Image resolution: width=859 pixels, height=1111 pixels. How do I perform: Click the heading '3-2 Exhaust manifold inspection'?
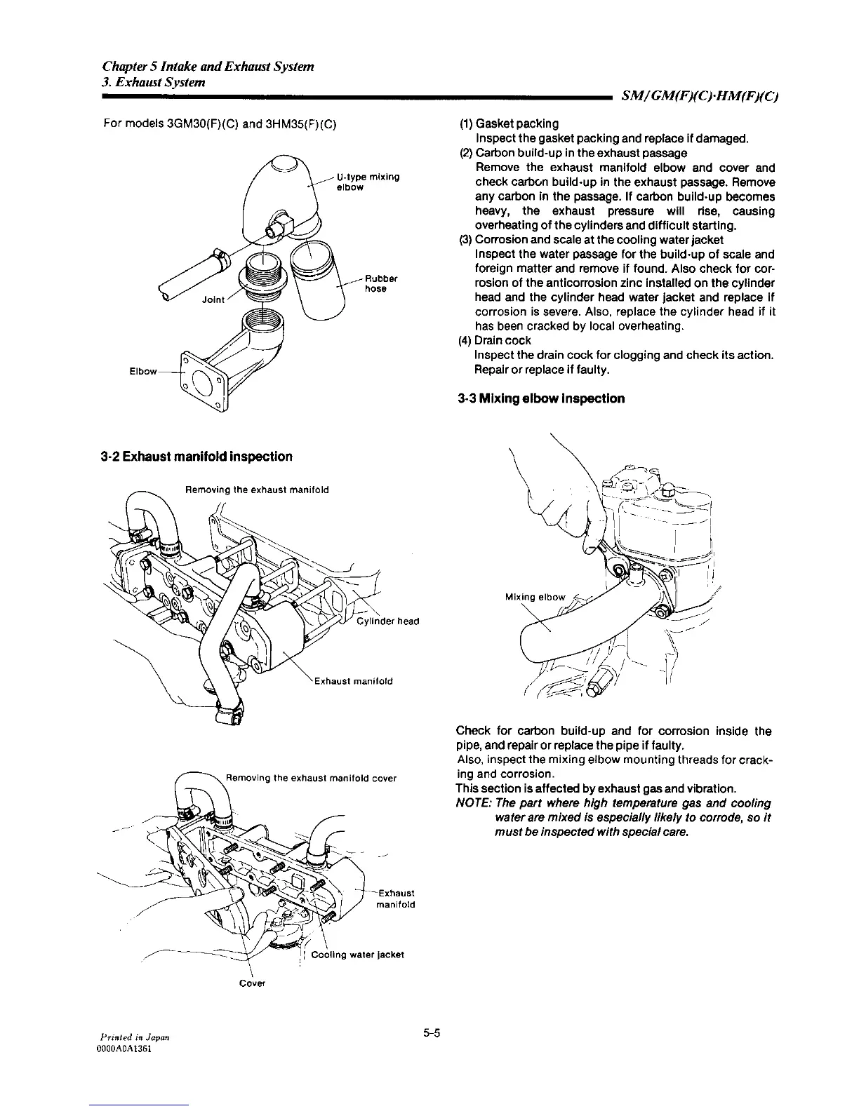pyautogui.click(x=196, y=457)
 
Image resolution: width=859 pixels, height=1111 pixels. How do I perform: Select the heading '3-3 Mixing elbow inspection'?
pyautogui.click(x=540, y=398)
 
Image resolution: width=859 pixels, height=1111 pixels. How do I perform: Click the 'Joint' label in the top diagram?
pyautogui.click(x=213, y=299)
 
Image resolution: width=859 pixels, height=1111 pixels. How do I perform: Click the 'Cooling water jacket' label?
pyautogui.click(x=357, y=954)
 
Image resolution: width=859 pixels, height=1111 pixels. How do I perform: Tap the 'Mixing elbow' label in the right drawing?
pyautogui.click(x=535, y=597)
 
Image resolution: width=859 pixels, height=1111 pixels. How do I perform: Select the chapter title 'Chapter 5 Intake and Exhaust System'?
pyautogui.click(x=208, y=67)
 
